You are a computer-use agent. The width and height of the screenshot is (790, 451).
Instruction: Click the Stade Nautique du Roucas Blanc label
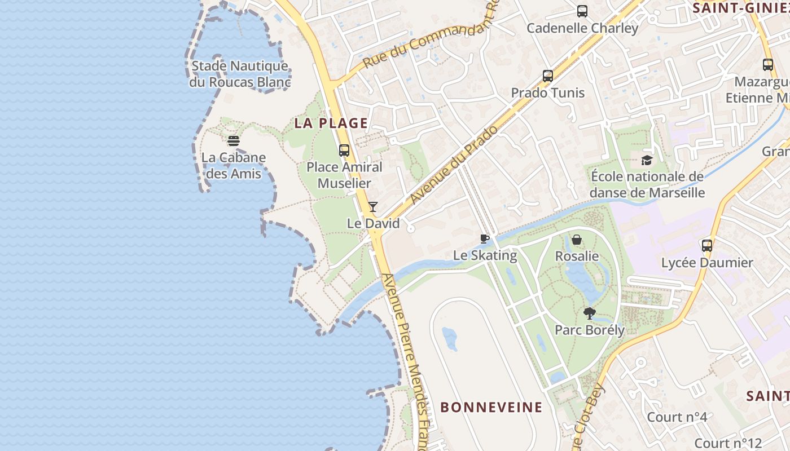coord(240,74)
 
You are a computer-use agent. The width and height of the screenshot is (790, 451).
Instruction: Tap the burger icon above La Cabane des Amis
coord(234,141)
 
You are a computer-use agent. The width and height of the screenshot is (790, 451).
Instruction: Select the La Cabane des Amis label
coord(234,165)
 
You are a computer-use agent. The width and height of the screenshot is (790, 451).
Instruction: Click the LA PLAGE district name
coord(331,123)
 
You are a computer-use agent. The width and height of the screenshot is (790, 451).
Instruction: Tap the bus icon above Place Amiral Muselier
coord(344,151)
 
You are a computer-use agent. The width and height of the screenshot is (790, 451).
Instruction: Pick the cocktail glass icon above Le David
coord(373,207)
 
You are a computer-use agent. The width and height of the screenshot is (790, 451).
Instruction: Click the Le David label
coord(373,223)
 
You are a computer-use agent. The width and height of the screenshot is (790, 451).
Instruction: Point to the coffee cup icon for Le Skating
coord(484,239)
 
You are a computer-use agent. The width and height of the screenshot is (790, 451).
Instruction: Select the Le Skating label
coord(485,255)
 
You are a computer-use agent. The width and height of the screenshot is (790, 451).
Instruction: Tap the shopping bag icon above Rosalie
coord(577,240)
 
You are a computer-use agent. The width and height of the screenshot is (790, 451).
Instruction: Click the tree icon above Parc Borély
coord(589,313)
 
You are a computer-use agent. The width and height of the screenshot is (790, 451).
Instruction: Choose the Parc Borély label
coord(590,330)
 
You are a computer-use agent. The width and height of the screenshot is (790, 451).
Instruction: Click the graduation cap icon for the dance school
coord(647,160)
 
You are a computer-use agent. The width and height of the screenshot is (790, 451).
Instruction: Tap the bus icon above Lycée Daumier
coord(707,246)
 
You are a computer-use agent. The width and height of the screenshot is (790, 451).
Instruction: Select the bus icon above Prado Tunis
coord(547,76)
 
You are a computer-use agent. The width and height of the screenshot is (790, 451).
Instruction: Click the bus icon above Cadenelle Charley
coord(582,11)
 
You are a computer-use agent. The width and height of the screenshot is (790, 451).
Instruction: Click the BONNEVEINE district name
coord(491,407)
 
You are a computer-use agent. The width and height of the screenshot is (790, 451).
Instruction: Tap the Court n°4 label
coord(677,417)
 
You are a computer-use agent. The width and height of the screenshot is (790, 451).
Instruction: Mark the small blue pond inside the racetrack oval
coord(450,338)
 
